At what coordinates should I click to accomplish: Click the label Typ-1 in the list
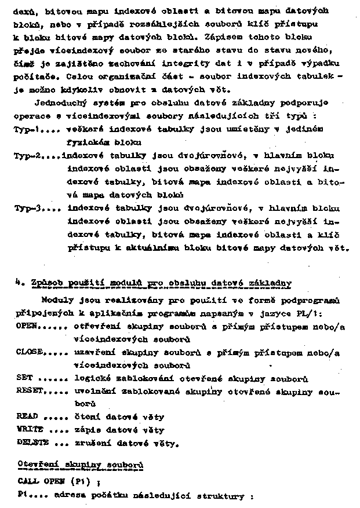pyautogui.click(x=26, y=130)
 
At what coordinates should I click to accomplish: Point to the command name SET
pyautogui.click(x=24, y=378)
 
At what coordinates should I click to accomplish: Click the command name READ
pyautogui.click(x=27, y=416)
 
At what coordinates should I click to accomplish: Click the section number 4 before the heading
pyautogui.click(x=17, y=282)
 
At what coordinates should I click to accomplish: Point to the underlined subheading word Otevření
pyautogui.click(x=39, y=465)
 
